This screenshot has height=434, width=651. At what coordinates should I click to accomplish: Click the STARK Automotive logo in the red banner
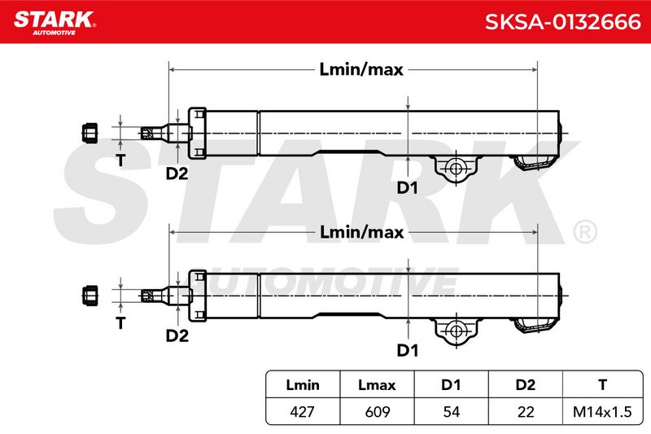55,23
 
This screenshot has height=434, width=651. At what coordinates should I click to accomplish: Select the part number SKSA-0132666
562,22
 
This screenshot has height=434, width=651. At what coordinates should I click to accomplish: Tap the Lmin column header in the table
303,384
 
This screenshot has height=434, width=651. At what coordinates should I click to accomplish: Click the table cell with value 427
302,411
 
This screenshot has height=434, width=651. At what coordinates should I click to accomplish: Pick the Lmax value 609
377,411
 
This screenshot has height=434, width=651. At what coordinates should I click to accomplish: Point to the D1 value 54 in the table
452,411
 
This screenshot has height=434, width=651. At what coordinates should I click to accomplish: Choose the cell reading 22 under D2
526,411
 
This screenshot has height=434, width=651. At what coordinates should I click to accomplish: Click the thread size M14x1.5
602,411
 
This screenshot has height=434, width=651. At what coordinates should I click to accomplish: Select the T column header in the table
602,384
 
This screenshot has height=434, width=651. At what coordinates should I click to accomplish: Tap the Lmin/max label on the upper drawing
361,69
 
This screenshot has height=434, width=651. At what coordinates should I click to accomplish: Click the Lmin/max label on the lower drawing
361,232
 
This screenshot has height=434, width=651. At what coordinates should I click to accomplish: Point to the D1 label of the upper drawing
408,188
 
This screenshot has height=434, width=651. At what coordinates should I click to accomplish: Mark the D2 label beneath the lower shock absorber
177,335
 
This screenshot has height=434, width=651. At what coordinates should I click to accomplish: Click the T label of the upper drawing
120,160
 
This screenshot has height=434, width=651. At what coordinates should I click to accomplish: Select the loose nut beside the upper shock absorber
90,133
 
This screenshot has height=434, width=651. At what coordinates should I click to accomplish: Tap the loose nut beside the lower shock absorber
90,296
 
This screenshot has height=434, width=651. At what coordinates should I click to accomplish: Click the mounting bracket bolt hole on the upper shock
456,169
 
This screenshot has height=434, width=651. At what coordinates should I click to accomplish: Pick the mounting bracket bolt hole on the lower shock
456,331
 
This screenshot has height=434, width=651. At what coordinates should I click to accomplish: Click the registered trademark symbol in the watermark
585,231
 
